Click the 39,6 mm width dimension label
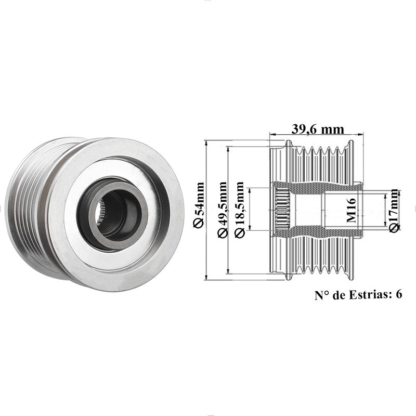(318, 129)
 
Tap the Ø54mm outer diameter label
(199, 205)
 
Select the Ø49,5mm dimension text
(223, 209)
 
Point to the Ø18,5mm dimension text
(239, 210)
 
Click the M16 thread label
(351, 210)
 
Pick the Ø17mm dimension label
(394, 211)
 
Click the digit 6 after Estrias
(399, 294)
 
